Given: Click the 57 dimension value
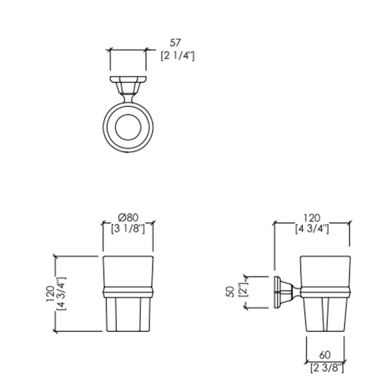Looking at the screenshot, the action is pyautogui.click(x=175, y=43).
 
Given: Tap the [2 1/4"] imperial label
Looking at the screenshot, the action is pyautogui.click(x=178, y=56).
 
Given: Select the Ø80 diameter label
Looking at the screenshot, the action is pyautogui.click(x=128, y=217).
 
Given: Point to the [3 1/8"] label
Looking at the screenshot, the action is pyautogui.click(x=128, y=229).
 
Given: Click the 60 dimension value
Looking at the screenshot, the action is pyautogui.click(x=325, y=355).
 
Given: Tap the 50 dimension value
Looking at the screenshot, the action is pyautogui.click(x=231, y=292).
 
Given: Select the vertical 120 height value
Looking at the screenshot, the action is pyautogui.click(x=50, y=294).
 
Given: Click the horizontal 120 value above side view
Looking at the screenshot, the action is pyautogui.click(x=312, y=218).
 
